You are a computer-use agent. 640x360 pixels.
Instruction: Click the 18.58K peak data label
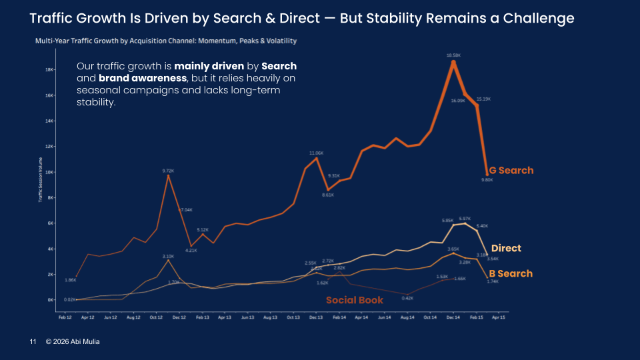[x=453, y=55]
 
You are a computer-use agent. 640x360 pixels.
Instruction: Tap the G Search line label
[x=511, y=171]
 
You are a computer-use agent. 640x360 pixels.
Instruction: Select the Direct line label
[x=506, y=249]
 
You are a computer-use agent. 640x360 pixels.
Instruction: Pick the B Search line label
[x=511, y=274]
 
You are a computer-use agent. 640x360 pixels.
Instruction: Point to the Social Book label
[x=355, y=301]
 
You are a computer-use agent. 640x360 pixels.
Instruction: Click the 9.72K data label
[x=168, y=171]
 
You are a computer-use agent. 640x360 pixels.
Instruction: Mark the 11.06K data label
[x=316, y=153]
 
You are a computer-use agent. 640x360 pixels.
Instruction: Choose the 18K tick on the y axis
[x=49, y=69]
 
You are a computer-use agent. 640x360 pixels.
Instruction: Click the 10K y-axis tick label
[x=49, y=172]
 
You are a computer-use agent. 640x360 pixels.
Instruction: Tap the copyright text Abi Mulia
[x=73, y=342]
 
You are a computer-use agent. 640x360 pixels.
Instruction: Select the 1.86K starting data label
[x=70, y=281]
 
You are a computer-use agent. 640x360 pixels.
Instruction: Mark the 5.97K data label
[x=465, y=218]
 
